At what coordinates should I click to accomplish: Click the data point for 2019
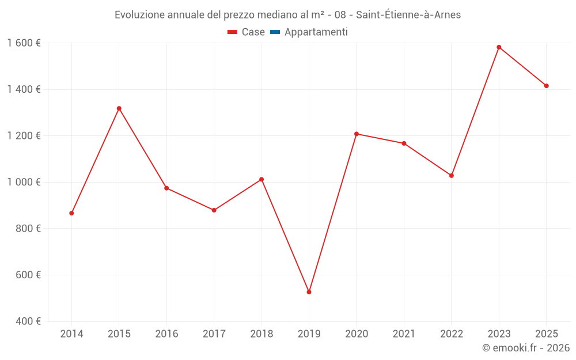point(309,292)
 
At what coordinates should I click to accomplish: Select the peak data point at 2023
point(499,47)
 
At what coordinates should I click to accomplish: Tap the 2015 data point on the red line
point(119,108)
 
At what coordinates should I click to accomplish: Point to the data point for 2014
point(71,213)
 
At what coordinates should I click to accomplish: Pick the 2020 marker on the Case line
point(357,134)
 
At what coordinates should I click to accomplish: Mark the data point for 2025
point(547,86)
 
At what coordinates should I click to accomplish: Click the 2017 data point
point(214,210)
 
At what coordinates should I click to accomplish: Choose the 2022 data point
point(452,176)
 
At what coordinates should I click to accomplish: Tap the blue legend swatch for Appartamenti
point(275,32)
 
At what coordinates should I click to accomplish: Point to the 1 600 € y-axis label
point(24,43)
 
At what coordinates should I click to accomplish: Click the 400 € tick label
point(27,321)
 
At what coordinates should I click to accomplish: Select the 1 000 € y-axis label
point(24,182)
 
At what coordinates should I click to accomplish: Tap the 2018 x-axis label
point(262,334)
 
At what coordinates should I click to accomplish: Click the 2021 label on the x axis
point(404,334)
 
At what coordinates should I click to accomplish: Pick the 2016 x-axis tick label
point(166,334)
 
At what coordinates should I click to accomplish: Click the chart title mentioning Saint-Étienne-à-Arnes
point(287,15)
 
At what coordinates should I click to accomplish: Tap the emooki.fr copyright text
point(525,348)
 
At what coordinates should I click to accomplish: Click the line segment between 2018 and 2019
point(285,236)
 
